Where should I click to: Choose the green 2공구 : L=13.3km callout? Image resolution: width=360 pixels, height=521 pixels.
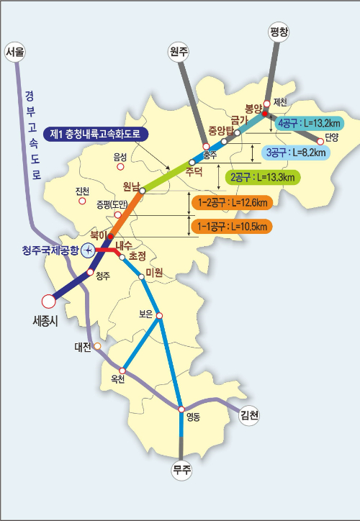[262, 176]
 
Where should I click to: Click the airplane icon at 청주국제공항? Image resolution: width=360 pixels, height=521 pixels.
[87, 250]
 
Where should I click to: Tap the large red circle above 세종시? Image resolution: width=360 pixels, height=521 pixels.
[48, 301]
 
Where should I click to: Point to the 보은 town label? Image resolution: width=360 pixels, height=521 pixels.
[147, 314]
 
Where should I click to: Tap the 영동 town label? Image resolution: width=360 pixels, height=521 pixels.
[192, 416]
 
